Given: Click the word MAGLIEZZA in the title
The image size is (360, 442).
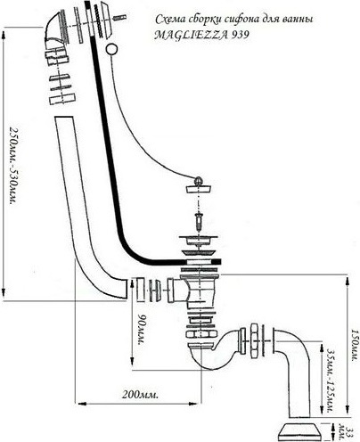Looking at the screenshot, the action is (x=191, y=35).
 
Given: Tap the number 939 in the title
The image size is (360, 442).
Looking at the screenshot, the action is (x=240, y=35).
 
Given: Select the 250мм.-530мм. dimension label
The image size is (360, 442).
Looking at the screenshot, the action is (x=14, y=165).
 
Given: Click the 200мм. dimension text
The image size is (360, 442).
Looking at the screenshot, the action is (x=140, y=395).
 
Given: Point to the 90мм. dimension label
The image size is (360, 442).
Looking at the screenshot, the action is (x=143, y=330).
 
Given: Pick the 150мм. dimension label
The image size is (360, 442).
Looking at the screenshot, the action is (x=354, y=345).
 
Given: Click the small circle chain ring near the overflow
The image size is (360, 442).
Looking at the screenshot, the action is (x=112, y=49).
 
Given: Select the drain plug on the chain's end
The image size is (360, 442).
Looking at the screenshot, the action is (x=200, y=188).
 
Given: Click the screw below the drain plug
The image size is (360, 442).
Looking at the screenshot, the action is (x=199, y=220).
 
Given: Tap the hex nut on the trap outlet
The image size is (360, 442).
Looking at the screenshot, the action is (x=254, y=340).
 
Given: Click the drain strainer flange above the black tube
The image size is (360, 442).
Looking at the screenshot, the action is (x=199, y=240).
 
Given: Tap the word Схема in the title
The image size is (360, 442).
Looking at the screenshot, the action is (x=168, y=20).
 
